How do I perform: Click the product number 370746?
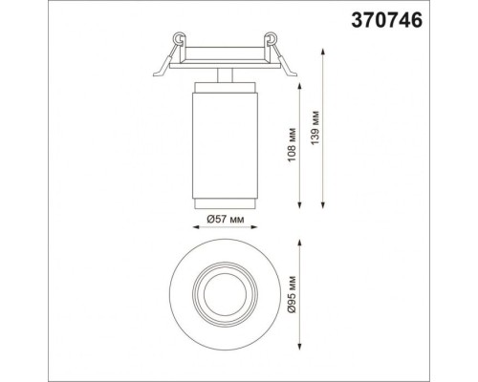pyautogui.click(x=386, y=21)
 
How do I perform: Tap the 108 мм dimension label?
pyautogui.click(x=293, y=144)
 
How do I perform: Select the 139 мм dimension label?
pyautogui.click(x=315, y=128)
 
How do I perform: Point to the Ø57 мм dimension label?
pyautogui.click(x=226, y=219)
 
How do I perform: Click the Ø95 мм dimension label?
pyautogui.click(x=293, y=294)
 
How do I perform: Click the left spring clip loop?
pyautogui.click(x=179, y=37)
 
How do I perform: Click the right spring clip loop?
pyautogui.click(x=272, y=37)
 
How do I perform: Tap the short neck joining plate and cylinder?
pyautogui.click(x=225, y=75)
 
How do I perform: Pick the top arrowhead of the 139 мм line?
pyautogui.click(x=323, y=52)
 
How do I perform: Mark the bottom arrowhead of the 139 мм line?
pyautogui.click(x=323, y=205)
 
